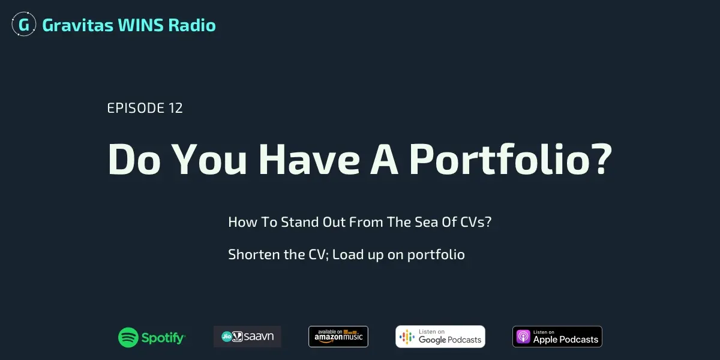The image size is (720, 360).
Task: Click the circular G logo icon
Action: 24,24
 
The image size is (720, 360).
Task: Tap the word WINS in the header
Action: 141,25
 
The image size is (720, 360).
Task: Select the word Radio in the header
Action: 192,25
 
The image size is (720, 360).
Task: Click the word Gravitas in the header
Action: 78,25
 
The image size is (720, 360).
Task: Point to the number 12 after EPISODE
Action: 175,108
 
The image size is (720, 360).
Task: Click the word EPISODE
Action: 136,108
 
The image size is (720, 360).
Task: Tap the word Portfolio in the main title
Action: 500,159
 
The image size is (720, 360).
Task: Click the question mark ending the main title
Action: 604,158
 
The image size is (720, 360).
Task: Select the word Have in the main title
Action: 309,160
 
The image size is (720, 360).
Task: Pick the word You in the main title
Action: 209,160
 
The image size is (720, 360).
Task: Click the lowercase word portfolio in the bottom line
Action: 436,255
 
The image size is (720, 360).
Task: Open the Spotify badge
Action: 152,337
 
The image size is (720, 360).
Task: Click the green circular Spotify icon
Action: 128,337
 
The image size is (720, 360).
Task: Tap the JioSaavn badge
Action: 247,337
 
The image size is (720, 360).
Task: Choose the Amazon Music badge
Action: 338,337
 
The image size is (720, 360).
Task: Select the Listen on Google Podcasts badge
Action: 440,337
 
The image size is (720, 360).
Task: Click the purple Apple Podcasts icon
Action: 523,337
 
